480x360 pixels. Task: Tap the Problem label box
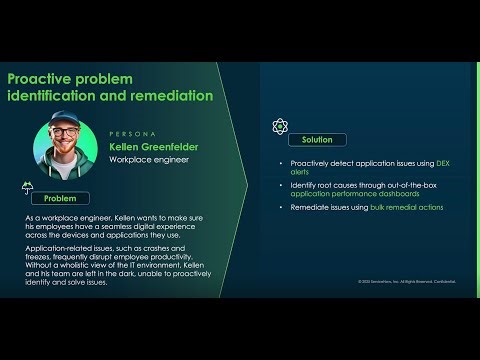[62, 198]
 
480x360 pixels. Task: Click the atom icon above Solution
[280, 126]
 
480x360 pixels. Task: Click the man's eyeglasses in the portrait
[72, 138]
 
